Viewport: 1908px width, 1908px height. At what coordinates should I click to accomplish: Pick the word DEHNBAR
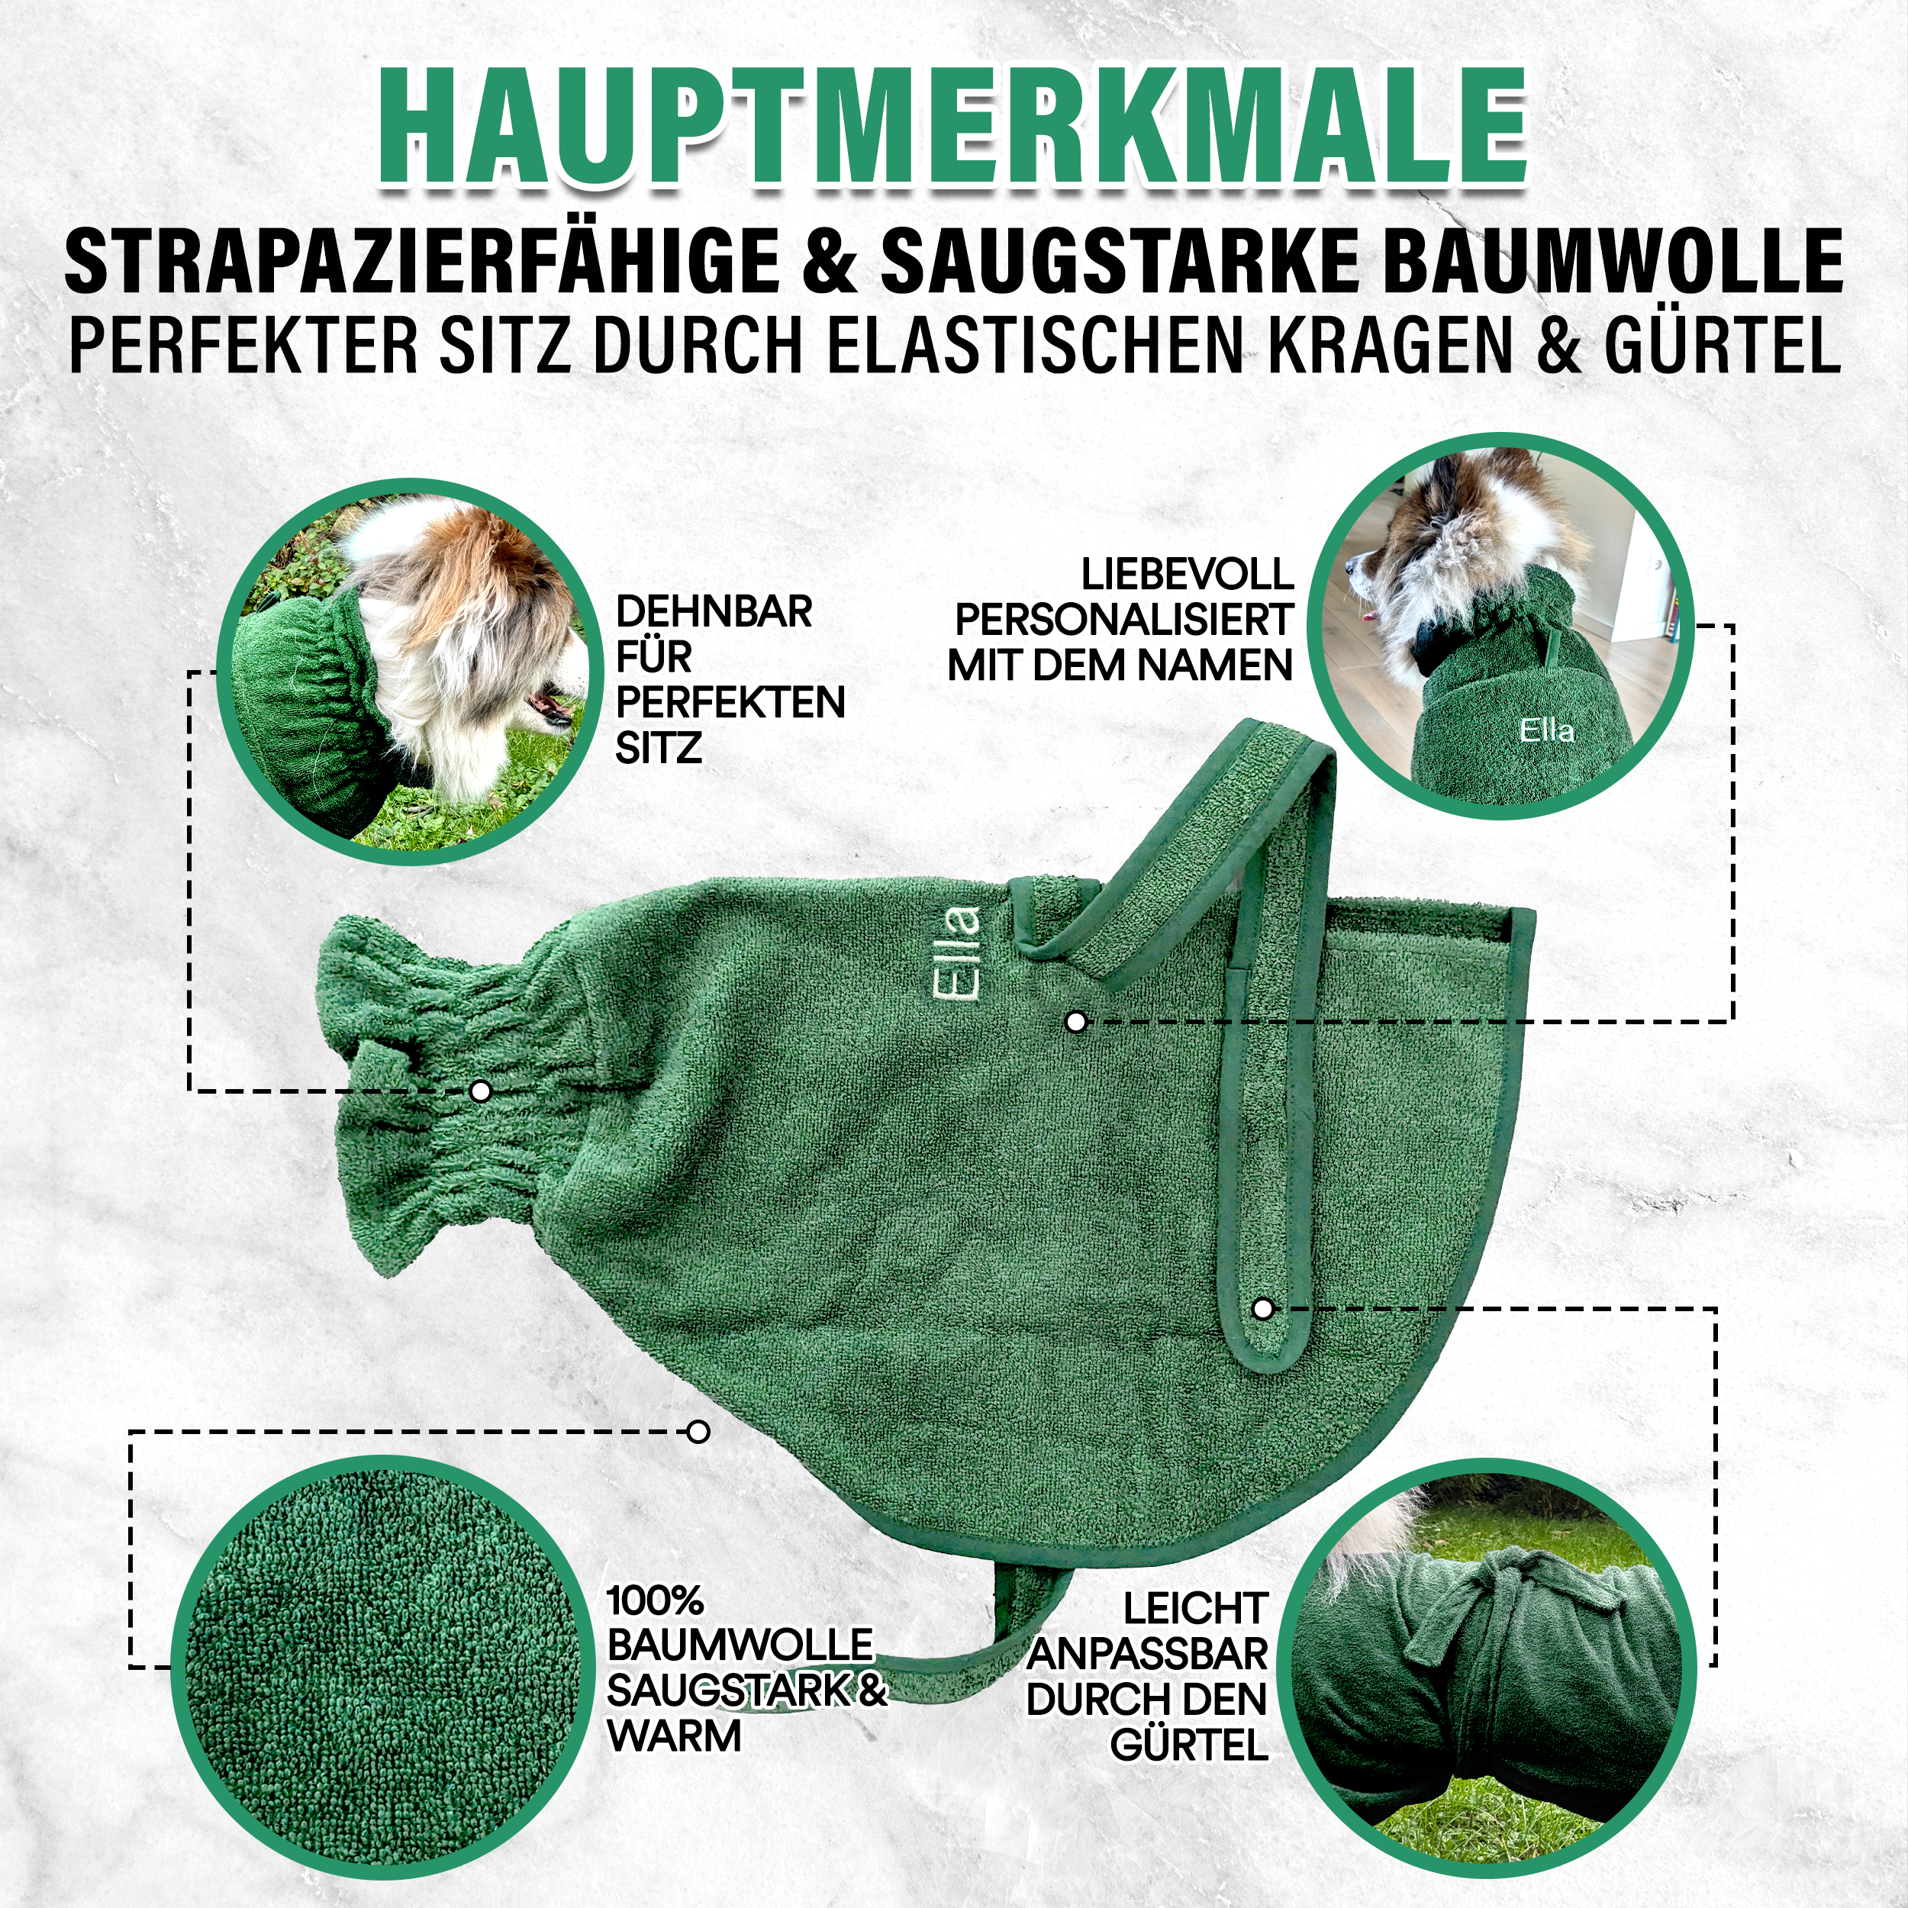[x=713, y=612]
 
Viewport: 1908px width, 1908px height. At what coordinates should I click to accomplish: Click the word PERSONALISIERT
[x=1123, y=620]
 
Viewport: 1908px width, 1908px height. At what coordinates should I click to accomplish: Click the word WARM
[x=675, y=1736]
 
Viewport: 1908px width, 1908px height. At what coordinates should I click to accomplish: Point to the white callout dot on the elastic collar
[x=481, y=1091]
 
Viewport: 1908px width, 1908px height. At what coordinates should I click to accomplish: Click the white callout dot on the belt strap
[x=1262, y=1310]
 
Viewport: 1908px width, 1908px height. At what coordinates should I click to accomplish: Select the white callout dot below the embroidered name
[x=1076, y=1022]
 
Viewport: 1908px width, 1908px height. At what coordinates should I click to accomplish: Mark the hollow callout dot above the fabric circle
[x=698, y=1431]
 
